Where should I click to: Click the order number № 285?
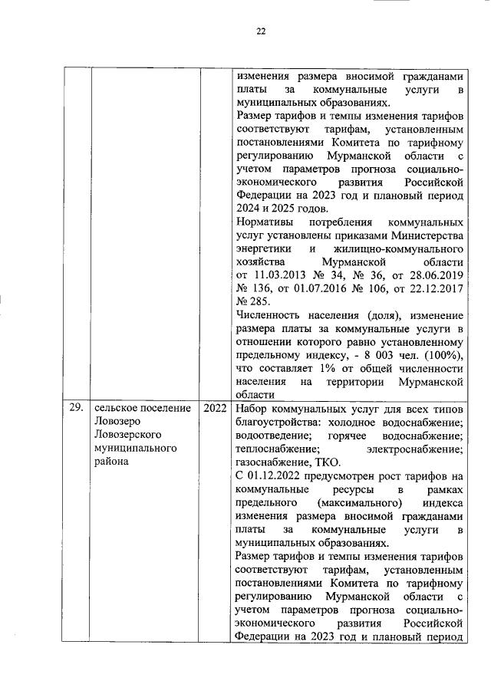click(252, 304)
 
